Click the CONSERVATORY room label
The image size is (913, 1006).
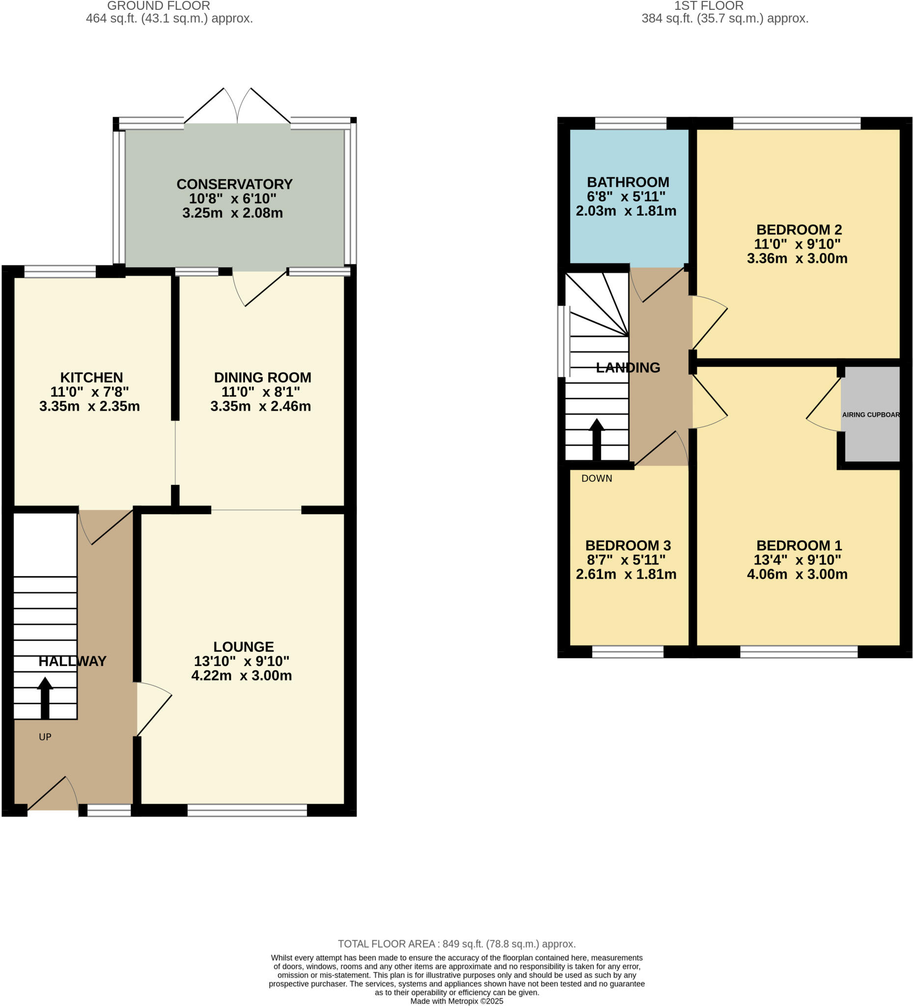point(234,184)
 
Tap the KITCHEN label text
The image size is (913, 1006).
point(91,377)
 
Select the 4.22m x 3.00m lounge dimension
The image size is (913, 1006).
point(242,675)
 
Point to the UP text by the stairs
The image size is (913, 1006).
point(45,736)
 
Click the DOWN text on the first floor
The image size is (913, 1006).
point(596,478)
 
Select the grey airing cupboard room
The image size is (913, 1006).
point(870,414)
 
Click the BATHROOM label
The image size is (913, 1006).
point(628,182)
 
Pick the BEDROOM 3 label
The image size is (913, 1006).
point(628,545)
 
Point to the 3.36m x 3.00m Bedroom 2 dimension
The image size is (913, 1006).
point(797,258)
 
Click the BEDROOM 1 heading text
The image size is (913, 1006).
point(799,545)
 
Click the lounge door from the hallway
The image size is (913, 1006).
point(154,709)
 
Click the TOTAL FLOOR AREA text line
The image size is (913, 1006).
point(457,944)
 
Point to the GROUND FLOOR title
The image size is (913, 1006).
point(159,6)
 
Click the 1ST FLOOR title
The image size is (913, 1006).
point(709,6)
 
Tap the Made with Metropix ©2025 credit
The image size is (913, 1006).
point(457,1001)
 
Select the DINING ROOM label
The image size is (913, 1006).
point(262,377)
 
